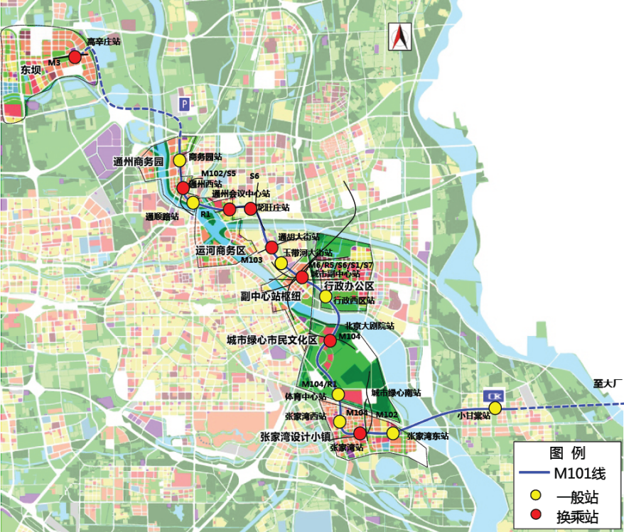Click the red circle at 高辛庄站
pos(75,57)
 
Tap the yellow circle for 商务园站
pos(179,161)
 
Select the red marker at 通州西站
pos(183,188)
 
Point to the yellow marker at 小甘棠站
pos(495,408)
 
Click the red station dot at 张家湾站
pos(360,433)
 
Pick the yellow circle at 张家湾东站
pos(392,433)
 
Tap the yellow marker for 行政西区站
pos(326,296)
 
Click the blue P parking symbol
pos(185,104)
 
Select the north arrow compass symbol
pos(399,37)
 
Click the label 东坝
pos(32,70)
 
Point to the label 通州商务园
pos(139,162)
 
